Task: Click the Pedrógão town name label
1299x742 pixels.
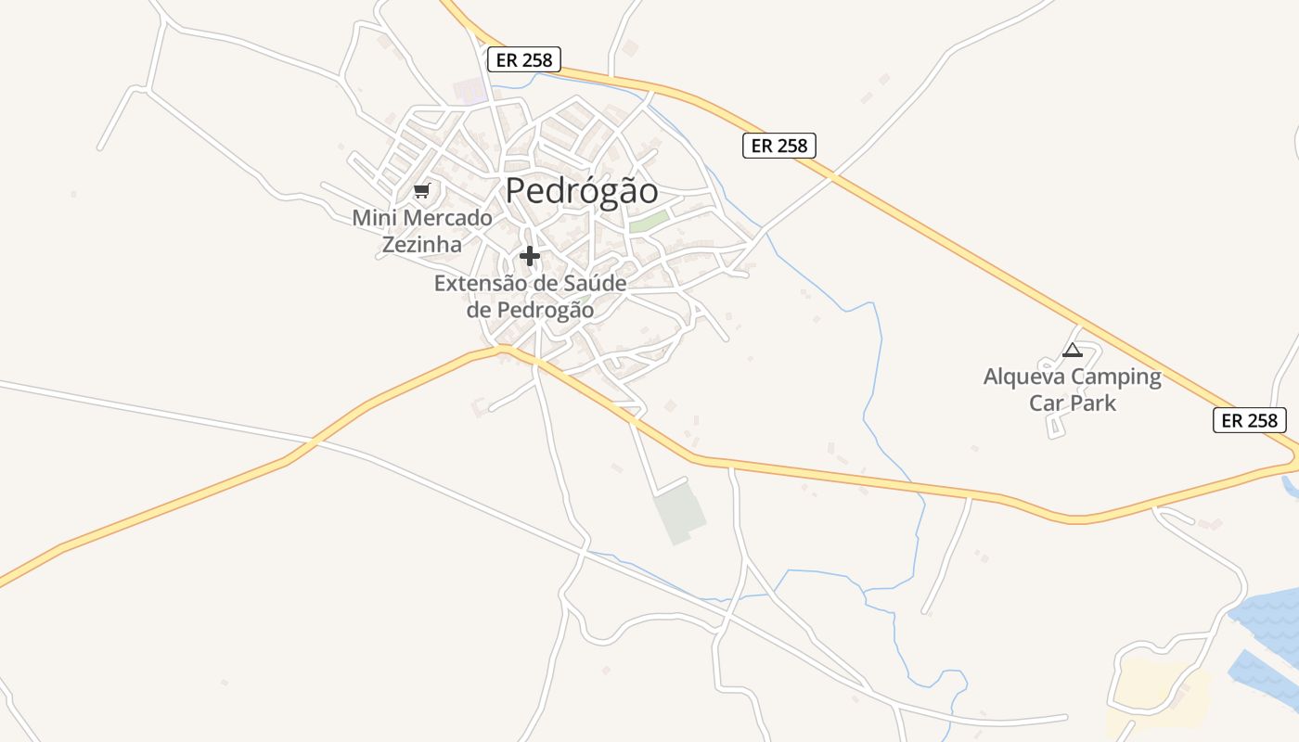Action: [x=582, y=191]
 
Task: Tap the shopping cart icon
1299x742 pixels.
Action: [x=422, y=191]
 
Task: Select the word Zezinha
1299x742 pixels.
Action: [x=422, y=245]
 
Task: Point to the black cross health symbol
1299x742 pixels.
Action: [x=530, y=255]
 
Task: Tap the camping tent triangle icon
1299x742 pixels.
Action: [x=1073, y=351]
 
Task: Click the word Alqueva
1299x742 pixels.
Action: [x=1023, y=377]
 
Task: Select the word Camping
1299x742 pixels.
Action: [x=1115, y=377]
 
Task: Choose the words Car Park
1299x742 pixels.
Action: [x=1073, y=403]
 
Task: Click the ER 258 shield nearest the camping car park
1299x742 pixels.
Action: [x=1250, y=420]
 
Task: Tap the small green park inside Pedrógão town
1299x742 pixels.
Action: [x=649, y=222]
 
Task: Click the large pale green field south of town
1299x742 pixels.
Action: [x=679, y=513]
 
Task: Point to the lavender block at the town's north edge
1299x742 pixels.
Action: [x=469, y=92]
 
